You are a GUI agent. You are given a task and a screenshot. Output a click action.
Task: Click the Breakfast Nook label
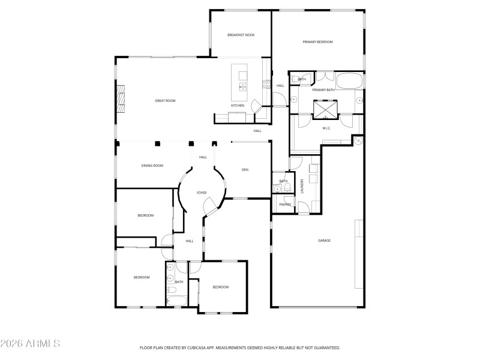click(x=241, y=35)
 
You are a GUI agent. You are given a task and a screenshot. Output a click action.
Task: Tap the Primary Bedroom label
click(x=317, y=42)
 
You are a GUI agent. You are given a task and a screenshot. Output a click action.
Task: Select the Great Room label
click(x=165, y=101)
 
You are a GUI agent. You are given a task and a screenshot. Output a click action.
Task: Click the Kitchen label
click(x=238, y=106)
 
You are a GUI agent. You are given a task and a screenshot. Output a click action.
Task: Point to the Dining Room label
click(x=152, y=166)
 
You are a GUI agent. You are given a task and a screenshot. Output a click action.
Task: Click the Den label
click(x=245, y=170)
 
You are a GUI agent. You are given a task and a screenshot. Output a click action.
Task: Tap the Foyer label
click(x=202, y=193)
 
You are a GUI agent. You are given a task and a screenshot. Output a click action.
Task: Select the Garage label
click(x=325, y=241)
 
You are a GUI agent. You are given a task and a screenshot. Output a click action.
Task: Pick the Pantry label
click(x=285, y=205)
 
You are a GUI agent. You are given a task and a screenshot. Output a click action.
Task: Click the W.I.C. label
click(x=327, y=128)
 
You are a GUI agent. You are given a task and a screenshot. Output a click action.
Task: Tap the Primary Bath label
click(x=323, y=90)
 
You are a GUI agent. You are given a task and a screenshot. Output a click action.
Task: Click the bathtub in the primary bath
click(x=349, y=80)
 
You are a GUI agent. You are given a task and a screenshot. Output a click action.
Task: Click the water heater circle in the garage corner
click(x=358, y=141)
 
